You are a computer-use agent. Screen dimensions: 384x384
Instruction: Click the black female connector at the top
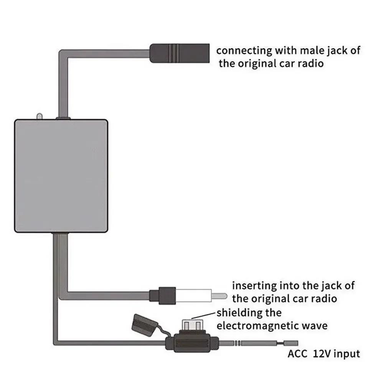178,53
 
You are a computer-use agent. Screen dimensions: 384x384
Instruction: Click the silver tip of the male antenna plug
220,296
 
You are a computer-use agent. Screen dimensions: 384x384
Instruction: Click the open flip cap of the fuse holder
142,322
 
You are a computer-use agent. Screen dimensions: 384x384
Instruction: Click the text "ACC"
297,353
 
